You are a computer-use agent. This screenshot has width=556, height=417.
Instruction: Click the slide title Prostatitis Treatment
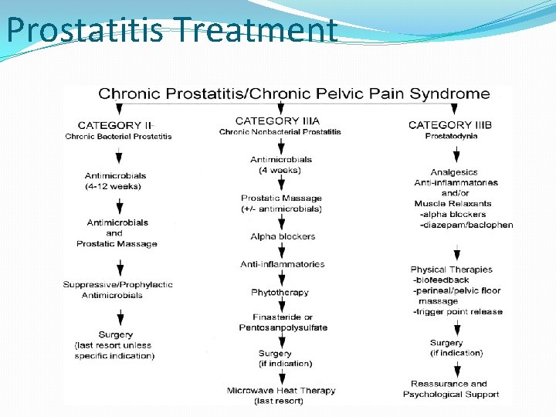171,31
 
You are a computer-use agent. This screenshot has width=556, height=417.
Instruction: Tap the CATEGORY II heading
115,125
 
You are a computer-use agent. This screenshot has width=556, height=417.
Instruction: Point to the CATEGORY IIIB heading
450,125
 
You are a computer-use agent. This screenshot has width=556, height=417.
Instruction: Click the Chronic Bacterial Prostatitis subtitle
118,137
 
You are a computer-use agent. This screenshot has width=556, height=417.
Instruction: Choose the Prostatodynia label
451,137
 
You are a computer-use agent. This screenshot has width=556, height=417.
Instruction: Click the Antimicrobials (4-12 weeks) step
115,181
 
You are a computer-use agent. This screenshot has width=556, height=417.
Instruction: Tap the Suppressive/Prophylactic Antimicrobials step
117,290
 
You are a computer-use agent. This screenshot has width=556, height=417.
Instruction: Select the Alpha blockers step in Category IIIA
283,236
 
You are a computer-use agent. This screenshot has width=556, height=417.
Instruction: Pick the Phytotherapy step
280,293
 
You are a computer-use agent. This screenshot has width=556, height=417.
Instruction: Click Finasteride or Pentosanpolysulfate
283,322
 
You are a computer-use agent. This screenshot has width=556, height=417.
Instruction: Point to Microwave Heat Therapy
281,391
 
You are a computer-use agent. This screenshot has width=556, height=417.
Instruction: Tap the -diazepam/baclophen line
466,225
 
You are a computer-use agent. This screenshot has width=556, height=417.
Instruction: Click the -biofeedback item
441,280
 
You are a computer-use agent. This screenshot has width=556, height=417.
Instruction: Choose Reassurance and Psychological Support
451,388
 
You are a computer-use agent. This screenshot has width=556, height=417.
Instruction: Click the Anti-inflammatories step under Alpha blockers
283,264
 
